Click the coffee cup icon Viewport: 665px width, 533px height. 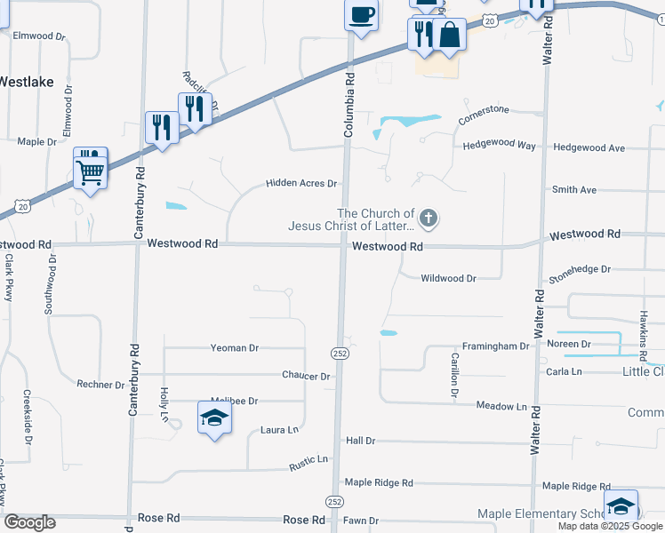(362, 15)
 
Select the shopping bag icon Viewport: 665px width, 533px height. (451, 36)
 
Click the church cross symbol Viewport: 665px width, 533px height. (429, 218)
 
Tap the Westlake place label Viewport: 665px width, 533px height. (26, 82)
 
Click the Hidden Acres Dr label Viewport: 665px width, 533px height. (302, 184)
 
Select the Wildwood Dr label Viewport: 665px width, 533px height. (448, 278)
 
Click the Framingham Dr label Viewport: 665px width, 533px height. (495, 346)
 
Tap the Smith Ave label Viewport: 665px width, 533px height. (573, 190)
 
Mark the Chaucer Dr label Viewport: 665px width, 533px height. (307, 377)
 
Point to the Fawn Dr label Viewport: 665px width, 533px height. (361, 521)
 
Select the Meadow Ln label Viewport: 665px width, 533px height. (501, 406)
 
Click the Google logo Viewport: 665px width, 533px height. (29, 522)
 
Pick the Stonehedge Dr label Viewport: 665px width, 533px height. (579, 268)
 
